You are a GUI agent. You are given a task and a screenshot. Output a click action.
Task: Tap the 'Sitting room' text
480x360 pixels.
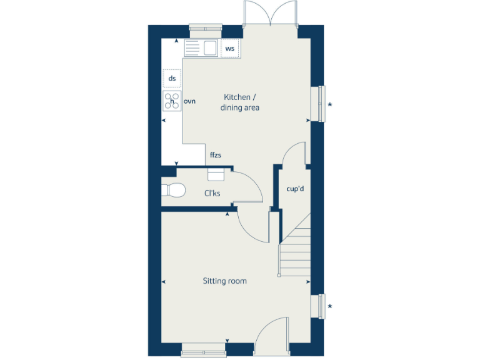pyautogui.click(x=224, y=281)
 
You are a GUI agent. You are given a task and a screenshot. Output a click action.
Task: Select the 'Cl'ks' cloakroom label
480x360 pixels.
pyautogui.click(x=212, y=193)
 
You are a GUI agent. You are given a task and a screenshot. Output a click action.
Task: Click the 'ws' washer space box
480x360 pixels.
pyautogui.click(x=229, y=48)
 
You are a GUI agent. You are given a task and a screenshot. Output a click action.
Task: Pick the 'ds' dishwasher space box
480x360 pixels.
pyautogui.click(x=172, y=79)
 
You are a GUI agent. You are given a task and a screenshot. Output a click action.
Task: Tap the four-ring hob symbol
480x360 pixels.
pyautogui.click(x=172, y=101)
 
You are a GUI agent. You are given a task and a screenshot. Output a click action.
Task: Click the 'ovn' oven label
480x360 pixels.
pyautogui.click(x=190, y=101)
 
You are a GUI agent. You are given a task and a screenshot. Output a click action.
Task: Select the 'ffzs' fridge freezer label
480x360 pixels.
pyautogui.click(x=216, y=154)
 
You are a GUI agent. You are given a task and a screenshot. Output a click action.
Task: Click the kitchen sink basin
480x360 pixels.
pyautogui.click(x=209, y=48)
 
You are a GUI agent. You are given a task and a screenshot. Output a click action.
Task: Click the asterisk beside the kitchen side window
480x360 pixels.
pyautogui.click(x=330, y=104)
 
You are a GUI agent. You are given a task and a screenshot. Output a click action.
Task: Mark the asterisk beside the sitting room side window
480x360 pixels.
pyautogui.click(x=330, y=306)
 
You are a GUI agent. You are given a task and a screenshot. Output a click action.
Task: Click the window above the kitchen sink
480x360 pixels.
pyautogui.click(x=206, y=27)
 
